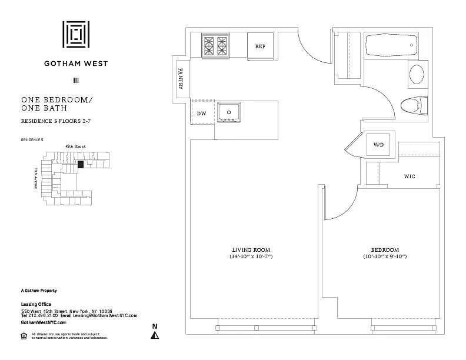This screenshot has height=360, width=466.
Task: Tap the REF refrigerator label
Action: [261, 46]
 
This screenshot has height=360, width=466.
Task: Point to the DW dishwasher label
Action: [201, 113]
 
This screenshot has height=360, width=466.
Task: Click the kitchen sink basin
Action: [229, 112]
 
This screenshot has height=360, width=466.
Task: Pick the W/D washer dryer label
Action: [378, 144]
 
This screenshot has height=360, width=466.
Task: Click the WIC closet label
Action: [411, 176]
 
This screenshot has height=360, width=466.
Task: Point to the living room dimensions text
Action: [250, 257]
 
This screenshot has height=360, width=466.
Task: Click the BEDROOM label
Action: [385, 249]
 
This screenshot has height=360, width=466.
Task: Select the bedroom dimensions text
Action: [385, 257]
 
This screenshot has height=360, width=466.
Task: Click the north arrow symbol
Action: [155, 335]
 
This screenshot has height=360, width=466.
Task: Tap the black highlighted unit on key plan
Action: [81, 165]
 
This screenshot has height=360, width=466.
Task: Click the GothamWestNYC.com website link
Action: [44, 322]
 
